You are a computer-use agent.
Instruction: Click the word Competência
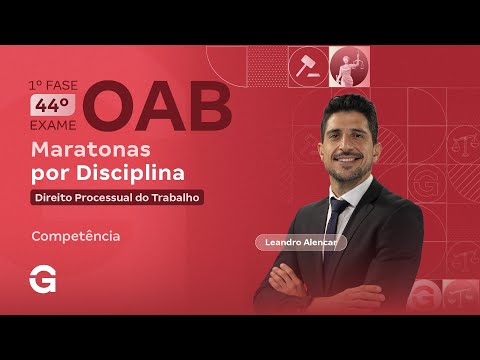[76, 237]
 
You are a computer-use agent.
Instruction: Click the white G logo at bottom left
[43, 281]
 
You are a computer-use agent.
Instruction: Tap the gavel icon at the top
[303, 66]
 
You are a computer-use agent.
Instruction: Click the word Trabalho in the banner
[178, 197]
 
